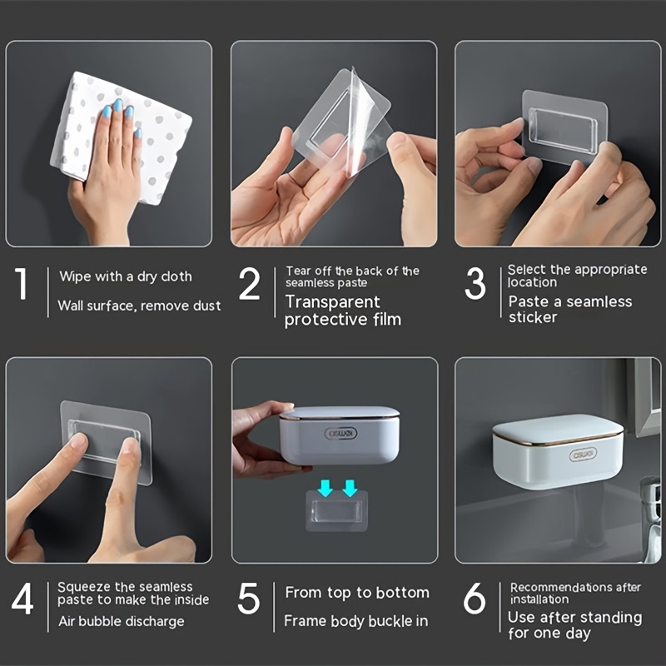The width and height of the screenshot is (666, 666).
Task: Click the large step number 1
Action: point(22,283)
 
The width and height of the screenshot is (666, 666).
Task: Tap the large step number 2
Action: point(249,284)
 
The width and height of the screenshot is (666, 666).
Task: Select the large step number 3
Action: point(475,283)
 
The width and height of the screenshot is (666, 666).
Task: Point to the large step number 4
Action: point(22,599)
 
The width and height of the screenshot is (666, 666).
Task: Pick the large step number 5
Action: point(248,599)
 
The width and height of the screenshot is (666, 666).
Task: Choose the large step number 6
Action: point(475,599)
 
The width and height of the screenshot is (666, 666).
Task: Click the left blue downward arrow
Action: point(326,488)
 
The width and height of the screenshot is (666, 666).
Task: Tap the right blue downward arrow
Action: point(350,488)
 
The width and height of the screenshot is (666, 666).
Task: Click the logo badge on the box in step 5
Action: point(340,433)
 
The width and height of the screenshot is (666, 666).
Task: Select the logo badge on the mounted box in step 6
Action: point(584,455)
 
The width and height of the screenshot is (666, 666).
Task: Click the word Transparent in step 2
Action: point(332,302)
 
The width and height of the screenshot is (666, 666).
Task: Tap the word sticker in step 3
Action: point(533,317)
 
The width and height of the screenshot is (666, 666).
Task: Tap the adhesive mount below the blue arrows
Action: point(337,511)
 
